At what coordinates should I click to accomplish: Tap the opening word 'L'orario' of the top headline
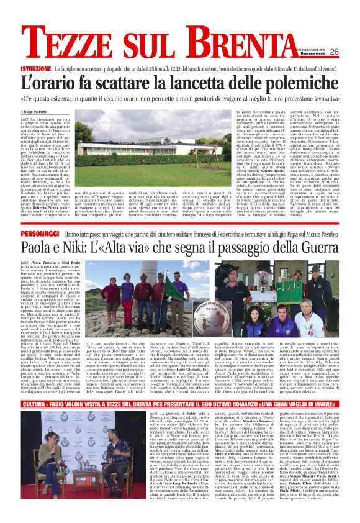click(x=49, y=81)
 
